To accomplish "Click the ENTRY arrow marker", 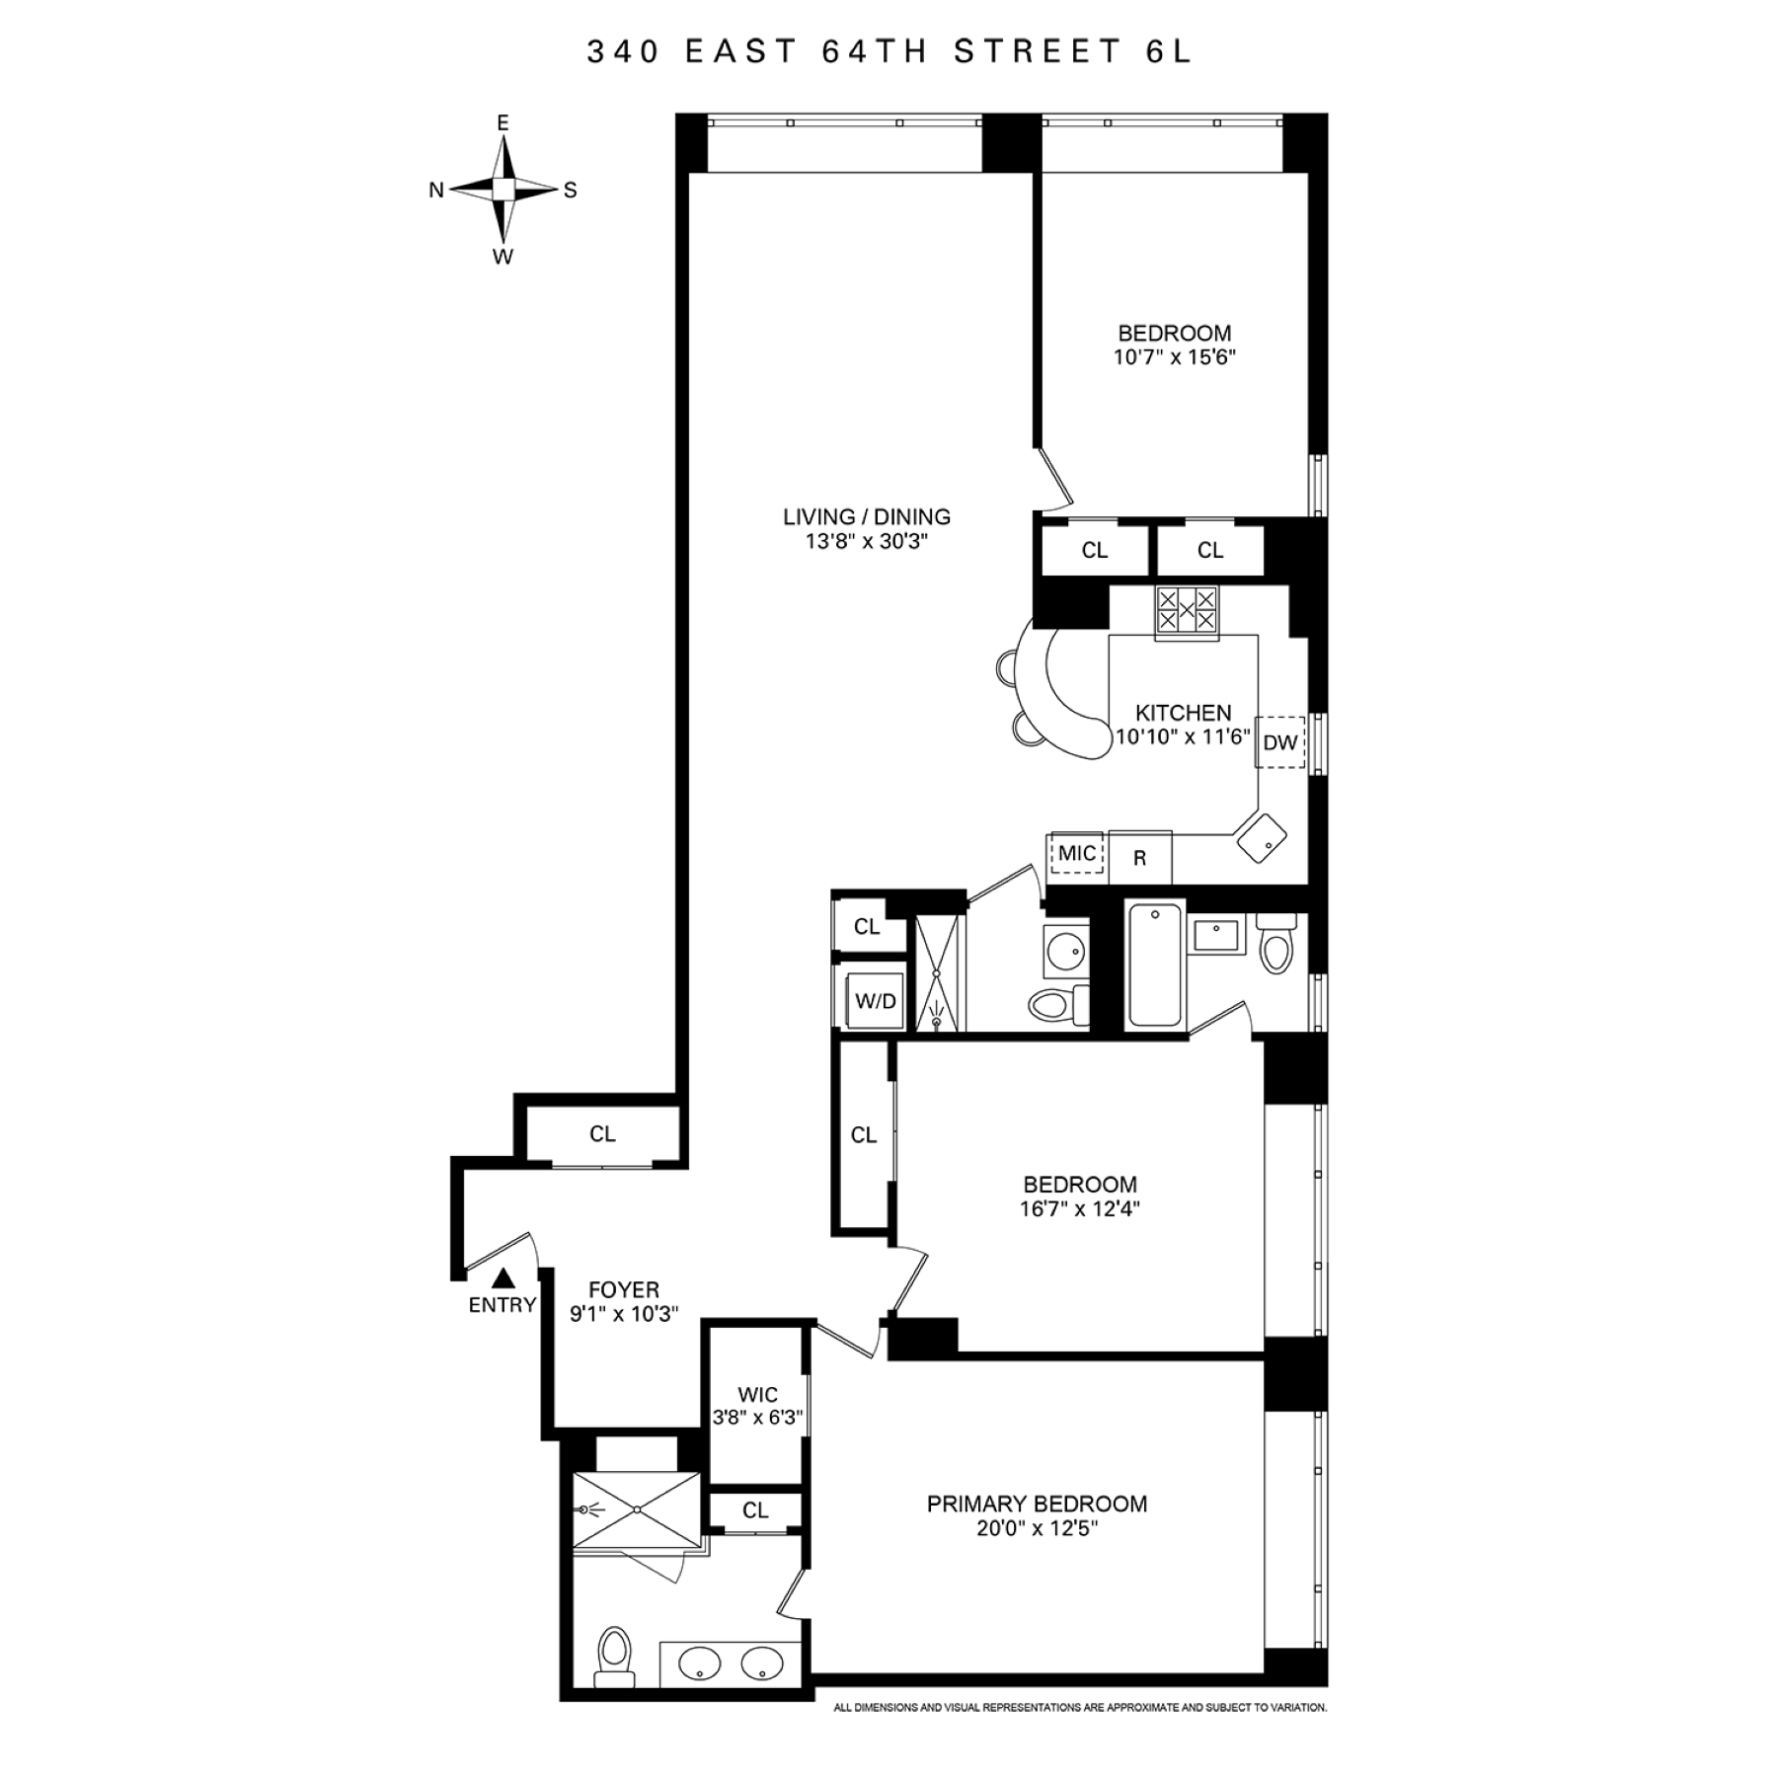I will click(503, 1278).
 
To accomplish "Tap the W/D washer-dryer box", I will click(876, 1002).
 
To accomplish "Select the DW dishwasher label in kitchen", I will click(1280, 742).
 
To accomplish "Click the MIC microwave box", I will click(1077, 853).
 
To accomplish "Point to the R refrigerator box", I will click(1140, 858).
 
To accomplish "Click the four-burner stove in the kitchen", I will click(1187, 609).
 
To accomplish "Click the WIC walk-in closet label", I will click(758, 1395).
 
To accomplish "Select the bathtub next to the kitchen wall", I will click(1155, 965).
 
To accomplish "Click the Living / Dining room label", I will click(867, 516).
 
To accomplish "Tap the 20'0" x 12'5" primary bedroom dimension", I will click(1037, 1528).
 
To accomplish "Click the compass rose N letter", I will click(436, 191).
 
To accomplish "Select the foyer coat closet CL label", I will click(602, 1134).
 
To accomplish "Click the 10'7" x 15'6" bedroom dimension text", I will click(1175, 357).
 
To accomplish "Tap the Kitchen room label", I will click(1183, 713).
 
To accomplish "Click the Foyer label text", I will click(624, 1290).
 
